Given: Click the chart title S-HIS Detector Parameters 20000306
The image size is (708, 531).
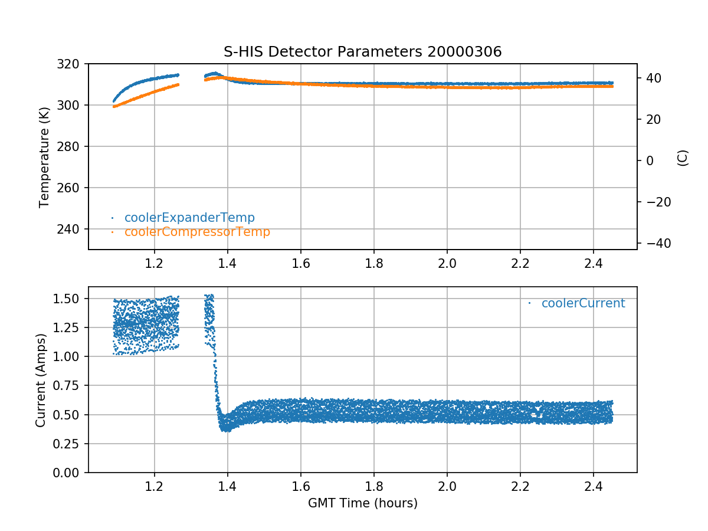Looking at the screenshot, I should click(362, 52).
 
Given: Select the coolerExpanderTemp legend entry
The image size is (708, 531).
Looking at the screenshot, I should click(189, 218).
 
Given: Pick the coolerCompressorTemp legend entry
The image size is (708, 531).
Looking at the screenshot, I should click(197, 232).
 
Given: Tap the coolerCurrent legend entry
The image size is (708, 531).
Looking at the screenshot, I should click(583, 303).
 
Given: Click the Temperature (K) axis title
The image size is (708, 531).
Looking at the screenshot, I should click(44, 156).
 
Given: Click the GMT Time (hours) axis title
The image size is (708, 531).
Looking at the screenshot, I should click(362, 503).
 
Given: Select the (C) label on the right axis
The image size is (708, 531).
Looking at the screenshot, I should click(683, 158).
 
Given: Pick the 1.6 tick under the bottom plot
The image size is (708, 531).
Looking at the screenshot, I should click(300, 487).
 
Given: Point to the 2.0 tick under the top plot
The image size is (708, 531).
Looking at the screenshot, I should click(447, 264).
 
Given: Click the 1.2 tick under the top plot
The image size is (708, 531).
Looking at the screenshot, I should click(154, 264).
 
